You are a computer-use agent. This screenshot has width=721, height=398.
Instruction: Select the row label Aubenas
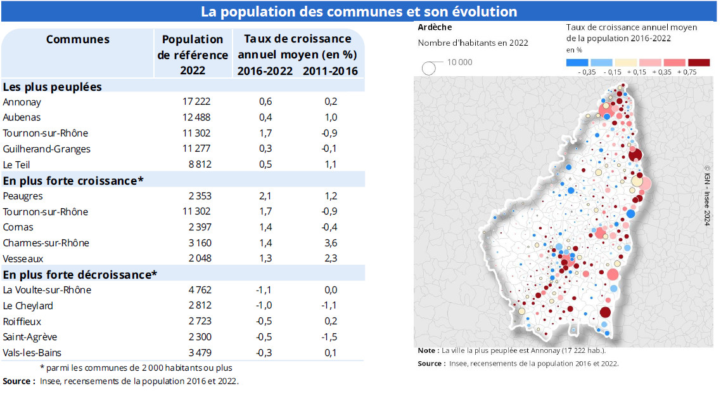(22, 117)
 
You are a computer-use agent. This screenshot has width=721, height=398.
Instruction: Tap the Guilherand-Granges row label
(46, 149)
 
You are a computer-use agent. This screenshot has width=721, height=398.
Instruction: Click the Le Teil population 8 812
(197, 164)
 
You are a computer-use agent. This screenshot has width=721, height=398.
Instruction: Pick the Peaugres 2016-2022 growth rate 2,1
(265, 196)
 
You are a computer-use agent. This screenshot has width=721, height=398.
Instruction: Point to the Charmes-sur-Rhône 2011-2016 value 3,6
(330, 243)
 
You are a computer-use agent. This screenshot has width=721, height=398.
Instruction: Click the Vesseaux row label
(23, 258)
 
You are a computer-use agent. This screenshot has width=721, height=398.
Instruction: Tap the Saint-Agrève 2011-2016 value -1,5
(329, 337)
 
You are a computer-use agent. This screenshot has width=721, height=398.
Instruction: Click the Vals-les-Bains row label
(32, 353)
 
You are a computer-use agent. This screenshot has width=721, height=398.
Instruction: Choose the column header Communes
(77, 39)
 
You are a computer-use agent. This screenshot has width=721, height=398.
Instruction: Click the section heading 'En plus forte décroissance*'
(80, 274)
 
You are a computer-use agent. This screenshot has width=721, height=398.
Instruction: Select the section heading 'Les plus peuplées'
(53, 86)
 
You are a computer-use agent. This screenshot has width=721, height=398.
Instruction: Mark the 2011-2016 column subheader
(330, 71)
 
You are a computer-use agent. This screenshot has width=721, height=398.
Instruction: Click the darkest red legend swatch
(699, 62)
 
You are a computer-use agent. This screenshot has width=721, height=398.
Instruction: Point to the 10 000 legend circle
(429, 68)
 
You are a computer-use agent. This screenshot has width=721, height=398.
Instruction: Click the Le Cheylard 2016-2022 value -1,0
(265, 306)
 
